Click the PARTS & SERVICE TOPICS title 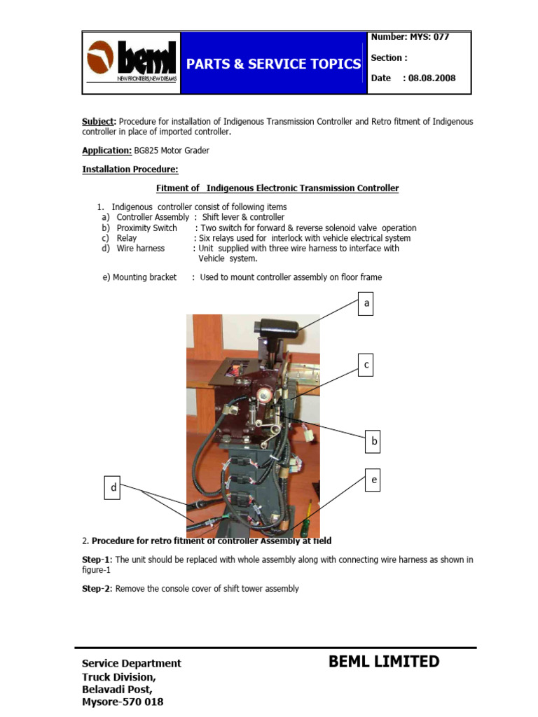[273, 64]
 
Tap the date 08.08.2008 [430, 78]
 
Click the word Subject [98, 122]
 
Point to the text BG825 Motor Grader [171, 150]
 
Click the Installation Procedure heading [130, 169]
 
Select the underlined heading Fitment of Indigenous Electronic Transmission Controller [277, 188]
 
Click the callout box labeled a [365, 305]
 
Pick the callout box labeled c [365, 366]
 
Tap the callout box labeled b [374, 441]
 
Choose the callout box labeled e [374, 480]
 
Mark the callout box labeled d [113, 489]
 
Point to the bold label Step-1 [97, 560]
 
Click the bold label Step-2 [97, 589]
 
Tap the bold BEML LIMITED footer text [384, 662]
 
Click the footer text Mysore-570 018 [123, 702]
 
